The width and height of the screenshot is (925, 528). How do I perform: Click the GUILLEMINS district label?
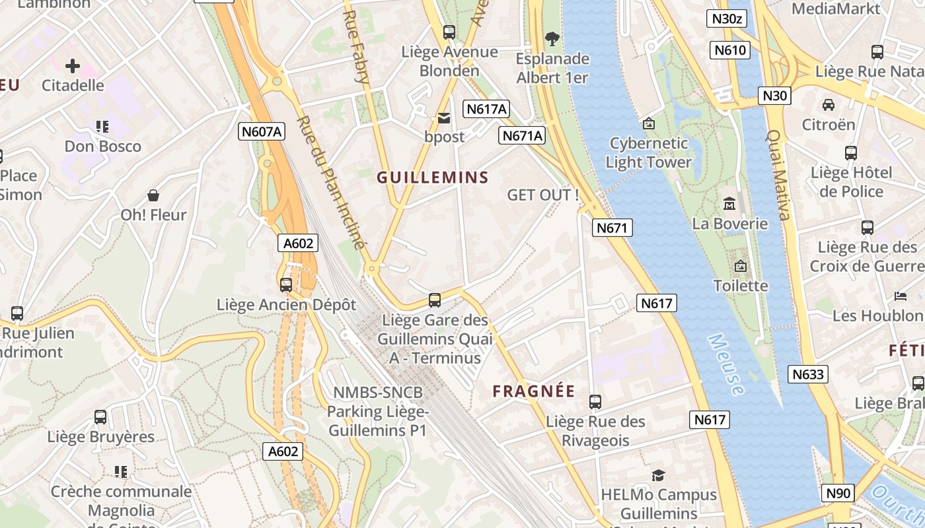coord(433,177)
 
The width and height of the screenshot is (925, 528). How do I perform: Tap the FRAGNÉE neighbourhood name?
coord(534,391)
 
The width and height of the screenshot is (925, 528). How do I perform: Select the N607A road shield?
coord(262,131)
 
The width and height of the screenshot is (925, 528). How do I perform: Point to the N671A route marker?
coord(522,135)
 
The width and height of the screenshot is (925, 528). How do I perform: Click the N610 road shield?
coord(730,50)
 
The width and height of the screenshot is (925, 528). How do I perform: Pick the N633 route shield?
coord(808,374)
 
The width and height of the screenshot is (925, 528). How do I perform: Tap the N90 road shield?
coord(838,492)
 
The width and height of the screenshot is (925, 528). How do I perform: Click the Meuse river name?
coord(725,364)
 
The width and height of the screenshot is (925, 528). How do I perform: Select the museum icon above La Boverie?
coord(729,203)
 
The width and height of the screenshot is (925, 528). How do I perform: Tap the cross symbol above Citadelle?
coord(73,66)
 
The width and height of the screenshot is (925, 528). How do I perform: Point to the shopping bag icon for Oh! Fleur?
coord(153,195)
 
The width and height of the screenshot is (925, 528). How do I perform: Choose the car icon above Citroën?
coord(829,104)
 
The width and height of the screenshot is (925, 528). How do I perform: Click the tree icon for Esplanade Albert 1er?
coord(552,39)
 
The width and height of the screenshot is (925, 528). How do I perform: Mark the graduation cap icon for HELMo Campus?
coord(658,475)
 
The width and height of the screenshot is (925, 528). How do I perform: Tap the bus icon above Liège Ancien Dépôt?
coord(286,284)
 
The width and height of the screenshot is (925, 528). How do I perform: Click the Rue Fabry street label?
coord(355,46)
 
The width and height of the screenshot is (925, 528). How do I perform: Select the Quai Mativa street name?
coord(778,174)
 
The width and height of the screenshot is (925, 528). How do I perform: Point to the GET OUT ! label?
coord(543,195)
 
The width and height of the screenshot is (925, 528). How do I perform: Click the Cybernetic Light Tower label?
coord(648,152)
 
